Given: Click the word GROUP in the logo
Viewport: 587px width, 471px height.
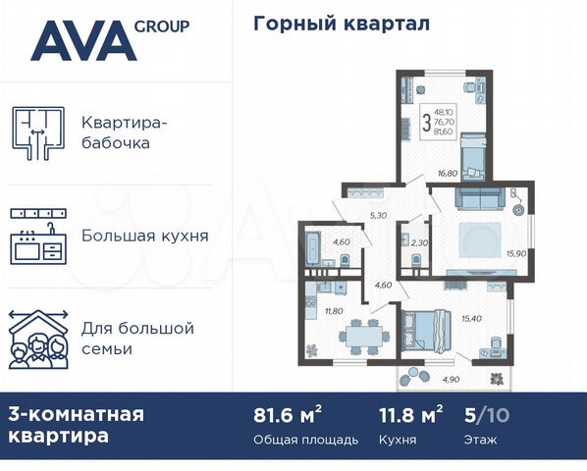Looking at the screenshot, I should pyautogui.click(x=164, y=26).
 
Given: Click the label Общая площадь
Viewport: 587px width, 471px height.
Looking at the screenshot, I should pyautogui.click(x=305, y=439).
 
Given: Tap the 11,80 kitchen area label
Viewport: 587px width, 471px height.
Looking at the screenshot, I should pyautogui.click(x=320, y=312).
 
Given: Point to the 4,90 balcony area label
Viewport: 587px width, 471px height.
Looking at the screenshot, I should pyautogui.click(x=451, y=379).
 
